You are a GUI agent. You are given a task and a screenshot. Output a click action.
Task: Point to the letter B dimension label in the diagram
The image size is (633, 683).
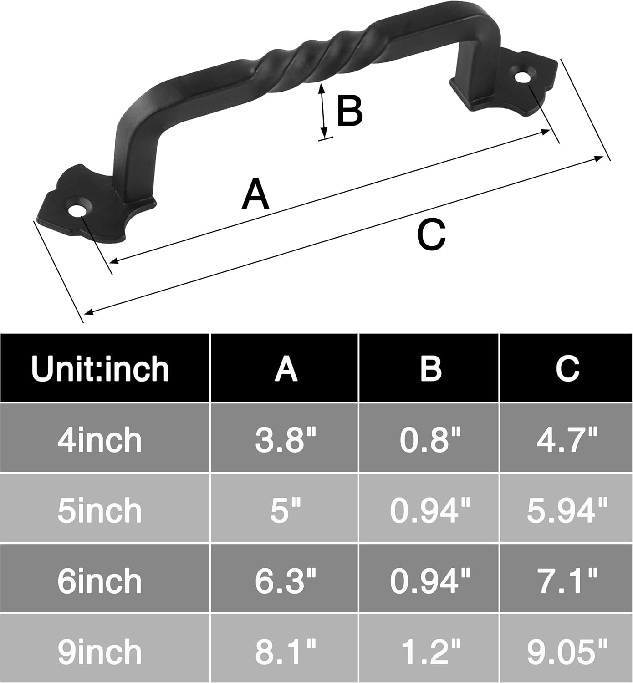[349, 111]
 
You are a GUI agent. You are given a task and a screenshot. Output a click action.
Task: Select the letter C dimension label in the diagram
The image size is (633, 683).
[431, 234]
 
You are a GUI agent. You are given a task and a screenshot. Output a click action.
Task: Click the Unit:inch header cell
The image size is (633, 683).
[100, 368]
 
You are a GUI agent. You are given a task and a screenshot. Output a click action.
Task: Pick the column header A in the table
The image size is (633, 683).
[286, 368]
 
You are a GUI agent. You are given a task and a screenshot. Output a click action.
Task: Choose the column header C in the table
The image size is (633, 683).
[567, 368]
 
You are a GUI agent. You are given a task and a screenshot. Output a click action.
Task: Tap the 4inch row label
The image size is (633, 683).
[100, 440]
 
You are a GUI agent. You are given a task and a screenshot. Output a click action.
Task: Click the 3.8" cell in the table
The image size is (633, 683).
[286, 440]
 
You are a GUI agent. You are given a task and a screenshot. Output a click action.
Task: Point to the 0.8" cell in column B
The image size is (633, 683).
[430, 440]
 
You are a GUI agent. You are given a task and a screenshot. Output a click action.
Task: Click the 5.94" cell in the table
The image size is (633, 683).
[567, 510]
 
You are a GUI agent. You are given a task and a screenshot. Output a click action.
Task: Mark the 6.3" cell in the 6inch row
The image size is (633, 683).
[286, 581]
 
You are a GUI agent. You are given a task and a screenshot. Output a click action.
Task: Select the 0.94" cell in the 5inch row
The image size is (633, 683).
[430, 510]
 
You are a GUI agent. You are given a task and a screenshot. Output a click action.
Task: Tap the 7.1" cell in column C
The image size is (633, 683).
[567, 581]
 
